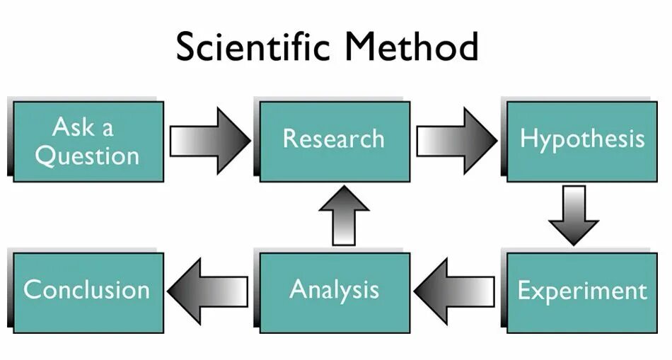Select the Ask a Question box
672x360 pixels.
click(88, 141)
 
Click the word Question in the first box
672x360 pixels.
click(87, 156)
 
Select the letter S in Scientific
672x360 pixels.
click(187, 47)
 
